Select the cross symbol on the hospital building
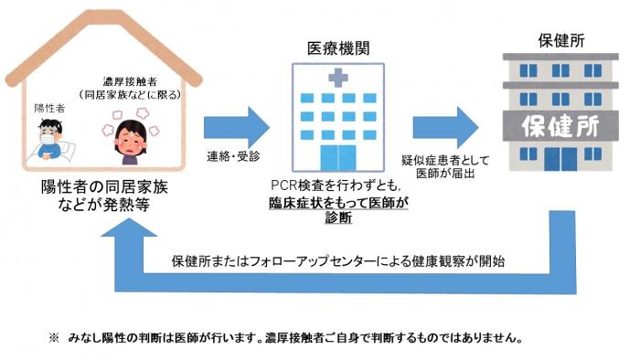point(338,79)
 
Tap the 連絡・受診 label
point(232,157)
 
